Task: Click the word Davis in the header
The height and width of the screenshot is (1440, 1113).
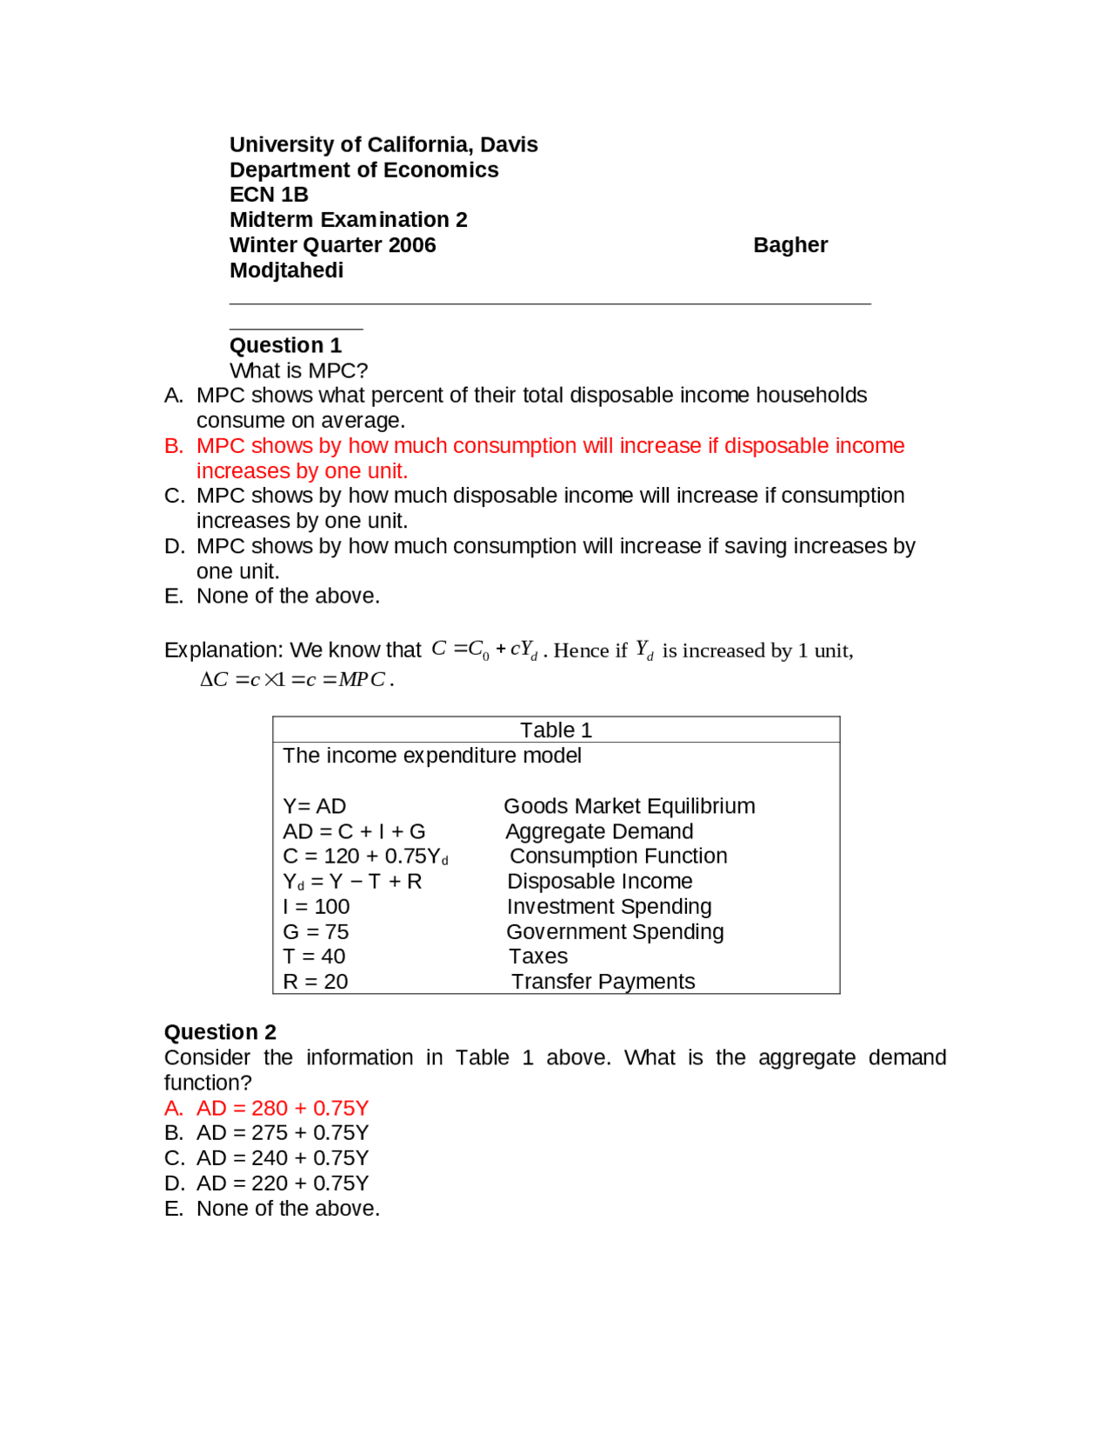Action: pyautogui.click(x=509, y=144)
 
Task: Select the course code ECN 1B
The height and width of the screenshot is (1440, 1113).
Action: pyautogui.click(x=269, y=194)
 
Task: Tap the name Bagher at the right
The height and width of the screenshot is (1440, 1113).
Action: pyautogui.click(x=790, y=245)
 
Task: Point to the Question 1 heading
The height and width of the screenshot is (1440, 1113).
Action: pyautogui.click(x=285, y=345)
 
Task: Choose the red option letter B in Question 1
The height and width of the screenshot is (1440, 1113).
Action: pyautogui.click(x=173, y=446)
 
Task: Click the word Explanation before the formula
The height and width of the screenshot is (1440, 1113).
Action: pyautogui.click(x=222, y=650)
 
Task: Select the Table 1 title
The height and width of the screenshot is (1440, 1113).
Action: pyautogui.click(x=556, y=730)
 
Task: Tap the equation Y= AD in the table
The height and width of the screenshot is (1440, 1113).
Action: pyautogui.click(x=314, y=806)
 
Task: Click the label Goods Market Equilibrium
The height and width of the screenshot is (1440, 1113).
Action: pyautogui.click(x=629, y=806)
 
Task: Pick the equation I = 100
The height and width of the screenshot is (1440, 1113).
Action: pyautogui.click(x=316, y=906)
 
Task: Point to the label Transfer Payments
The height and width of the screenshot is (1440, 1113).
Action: pyautogui.click(x=603, y=982)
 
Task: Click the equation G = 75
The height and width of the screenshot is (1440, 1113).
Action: pyautogui.click(x=316, y=931)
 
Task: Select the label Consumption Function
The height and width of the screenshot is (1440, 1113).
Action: pyautogui.click(x=618, y=856)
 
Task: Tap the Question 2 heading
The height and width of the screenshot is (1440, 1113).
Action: pyautogui.click(x=220, y=1032)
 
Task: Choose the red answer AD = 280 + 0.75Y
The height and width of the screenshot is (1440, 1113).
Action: pyautogui.click(x=282, y=1108)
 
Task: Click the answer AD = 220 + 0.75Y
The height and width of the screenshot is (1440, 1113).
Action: pyautogui.click(x=282, y=1183)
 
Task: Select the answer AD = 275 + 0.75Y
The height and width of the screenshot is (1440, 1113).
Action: pyautogui.click(x=282, y=1133)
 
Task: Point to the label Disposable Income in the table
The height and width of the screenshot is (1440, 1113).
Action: pyautogui.click(x=600, y=881)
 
